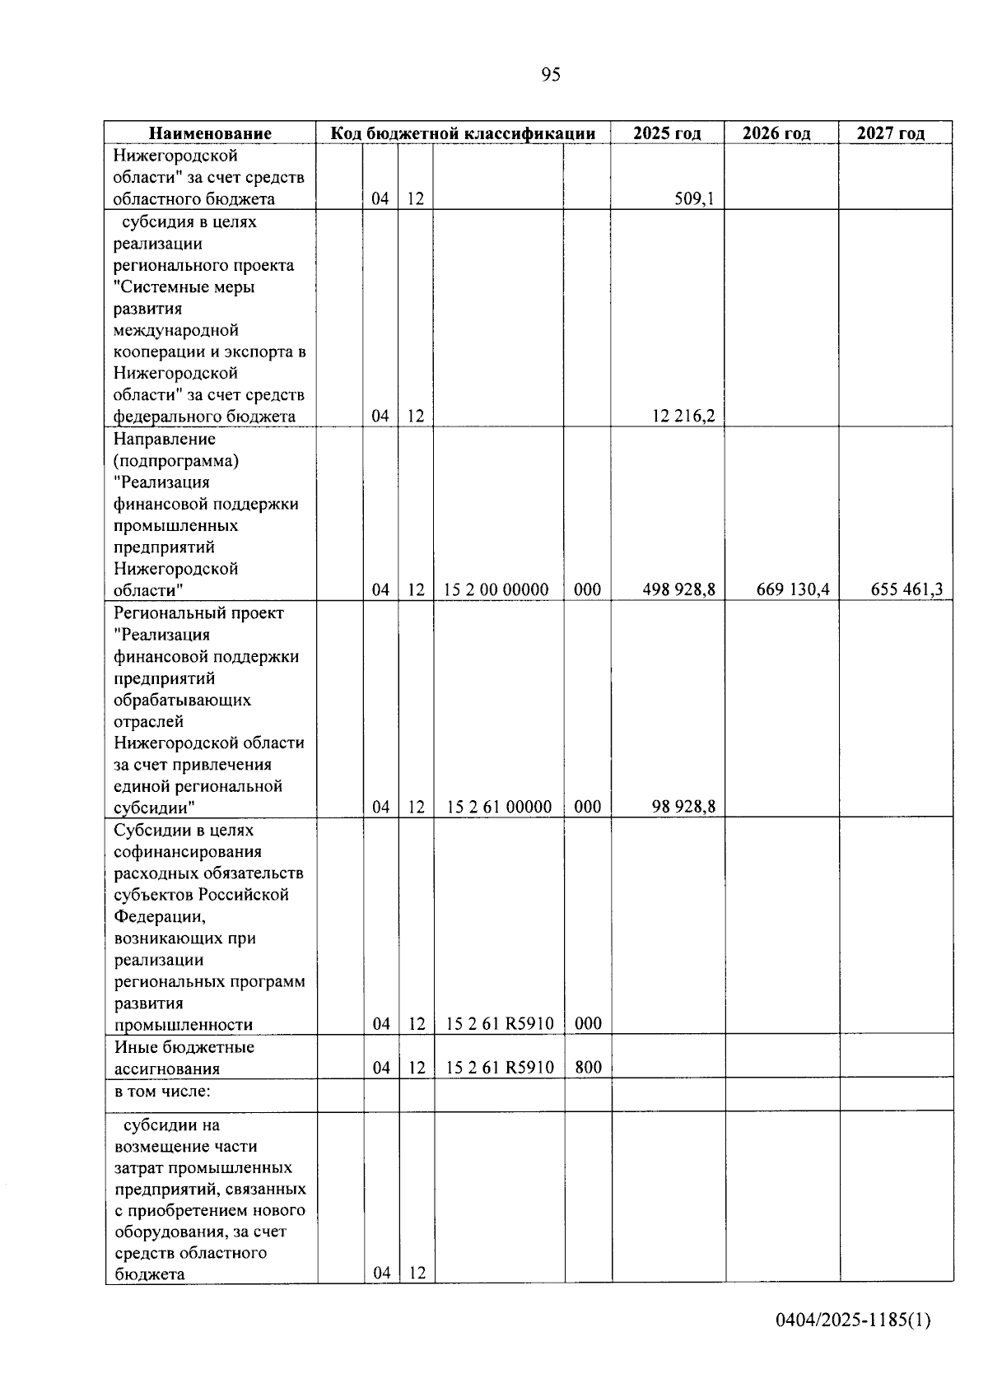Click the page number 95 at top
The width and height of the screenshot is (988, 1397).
coord(551,75)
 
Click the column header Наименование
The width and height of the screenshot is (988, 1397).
coord(210,133)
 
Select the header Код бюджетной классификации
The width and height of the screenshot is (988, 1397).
coord(463,133)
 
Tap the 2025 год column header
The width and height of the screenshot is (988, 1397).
coord(667,133)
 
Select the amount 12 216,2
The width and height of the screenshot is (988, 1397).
coord(683,417)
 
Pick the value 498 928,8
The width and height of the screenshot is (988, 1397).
coord(678,589)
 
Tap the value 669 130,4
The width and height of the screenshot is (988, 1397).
coord(792,589)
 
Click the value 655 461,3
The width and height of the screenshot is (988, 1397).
coord(906,589)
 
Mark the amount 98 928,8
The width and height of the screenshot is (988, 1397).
coord(683,807)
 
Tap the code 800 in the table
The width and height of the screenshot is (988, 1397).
coord(588,1068)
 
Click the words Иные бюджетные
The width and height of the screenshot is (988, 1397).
coord(184,1047)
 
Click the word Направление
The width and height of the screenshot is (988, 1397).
coord(164,439)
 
